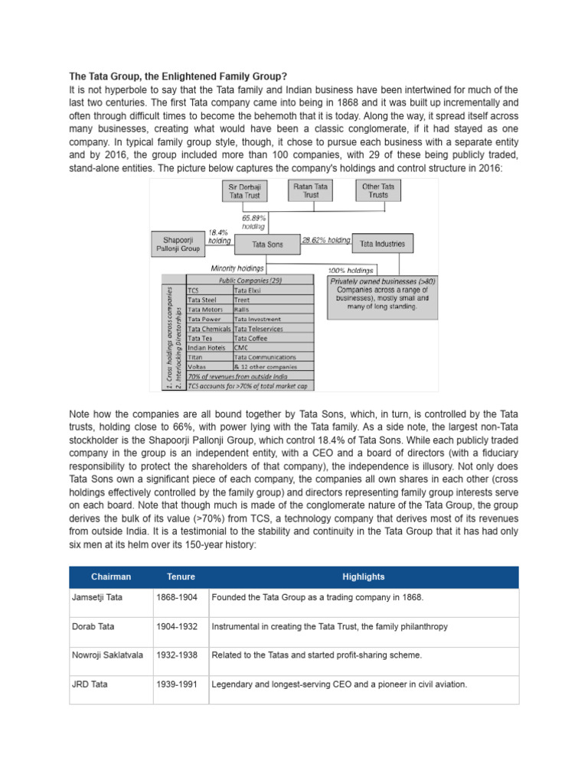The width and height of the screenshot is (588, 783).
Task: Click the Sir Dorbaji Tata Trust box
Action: click(x=245, y=190)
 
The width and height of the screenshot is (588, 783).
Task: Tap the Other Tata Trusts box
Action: click(x=377, y=190)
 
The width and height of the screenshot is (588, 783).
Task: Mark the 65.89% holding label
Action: click(x=254, y=222)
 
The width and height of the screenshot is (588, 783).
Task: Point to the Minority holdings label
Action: click(x=237, y=268)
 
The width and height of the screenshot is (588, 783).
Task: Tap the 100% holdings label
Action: click(x=351, y=270)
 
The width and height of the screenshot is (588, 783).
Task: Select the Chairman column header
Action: click(x=110, y=577)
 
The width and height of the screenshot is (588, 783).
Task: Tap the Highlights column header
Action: click(x=364, y=577)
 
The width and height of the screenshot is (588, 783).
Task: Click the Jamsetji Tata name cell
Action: click(x=110, y=597)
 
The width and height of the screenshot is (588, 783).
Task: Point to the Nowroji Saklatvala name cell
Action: click(x=110, y=655)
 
